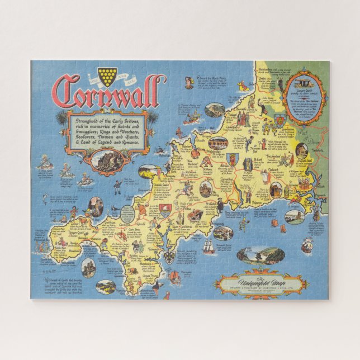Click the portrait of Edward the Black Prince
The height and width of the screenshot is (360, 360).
tap(301, 149)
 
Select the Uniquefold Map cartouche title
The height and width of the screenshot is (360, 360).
tap(261, 281)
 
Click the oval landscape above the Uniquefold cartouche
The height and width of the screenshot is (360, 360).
tap(260, 256)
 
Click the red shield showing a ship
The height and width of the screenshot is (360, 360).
tap(165, 210)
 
